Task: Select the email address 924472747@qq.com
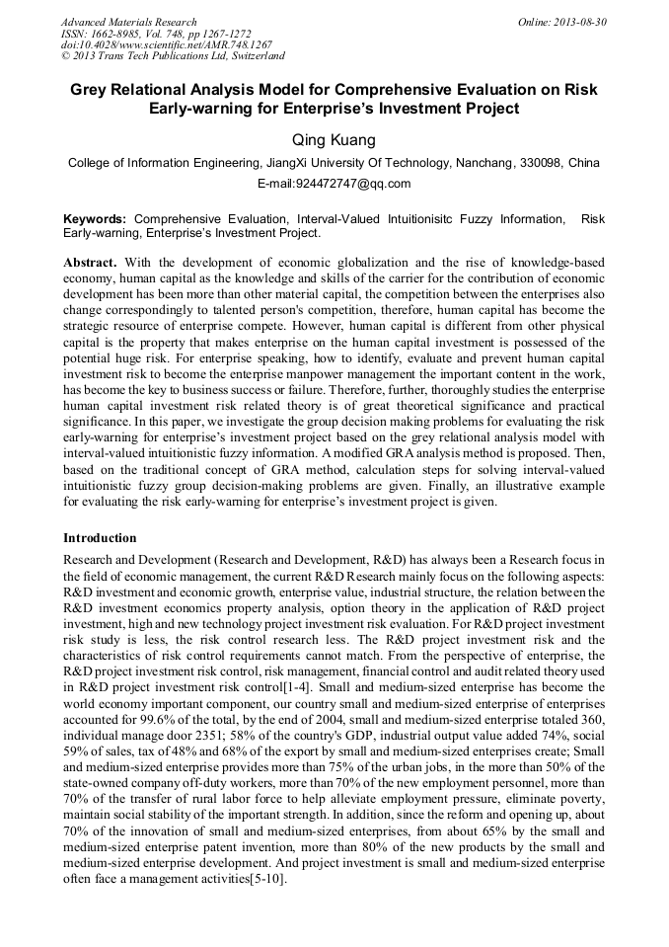coord(334,184)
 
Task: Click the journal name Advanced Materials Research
coord(128,22)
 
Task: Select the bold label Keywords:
coord(95,219)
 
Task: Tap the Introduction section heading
coord(100,538)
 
